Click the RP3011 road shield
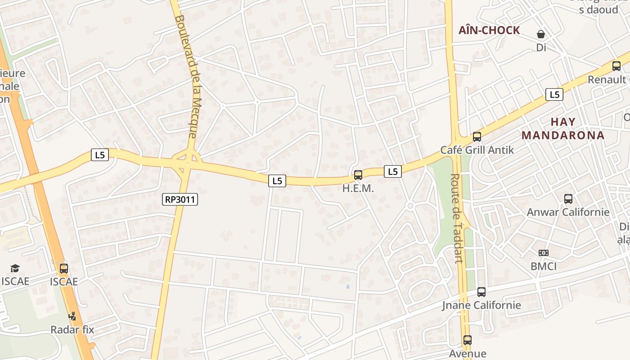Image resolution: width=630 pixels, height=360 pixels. click(180, 199)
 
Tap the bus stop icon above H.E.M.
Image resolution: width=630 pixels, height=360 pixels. click(358, 175)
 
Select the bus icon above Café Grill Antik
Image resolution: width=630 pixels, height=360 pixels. click(477, 137)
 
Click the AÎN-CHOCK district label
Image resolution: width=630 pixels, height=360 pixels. click(489, 31)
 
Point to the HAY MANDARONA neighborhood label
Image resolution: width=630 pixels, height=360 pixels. click(563, 129)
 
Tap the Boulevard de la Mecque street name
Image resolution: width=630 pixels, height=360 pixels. click(186, 76)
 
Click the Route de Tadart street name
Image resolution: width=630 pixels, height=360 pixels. click(457, 218)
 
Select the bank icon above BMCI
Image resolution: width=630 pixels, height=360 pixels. click(544, 253)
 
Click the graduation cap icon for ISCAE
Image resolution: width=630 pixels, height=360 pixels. click(15, 269)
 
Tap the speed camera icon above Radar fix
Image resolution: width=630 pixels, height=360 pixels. click(72, 316)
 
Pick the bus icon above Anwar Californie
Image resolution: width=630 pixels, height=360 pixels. click(568, 198)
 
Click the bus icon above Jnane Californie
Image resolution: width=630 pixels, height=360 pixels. click(481, 292)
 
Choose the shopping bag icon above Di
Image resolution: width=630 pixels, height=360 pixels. click(541, 34)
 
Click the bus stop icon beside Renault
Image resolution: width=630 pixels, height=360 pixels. click(616, 66)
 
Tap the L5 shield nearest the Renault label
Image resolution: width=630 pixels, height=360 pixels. click(554, 94)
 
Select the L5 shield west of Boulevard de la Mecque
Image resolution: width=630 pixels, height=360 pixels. click(99, 155)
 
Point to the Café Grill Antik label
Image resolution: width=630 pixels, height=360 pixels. click(477, 150)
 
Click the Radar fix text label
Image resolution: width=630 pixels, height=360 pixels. click(72, 329)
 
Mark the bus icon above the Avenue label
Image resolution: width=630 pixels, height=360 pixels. click(468, 340)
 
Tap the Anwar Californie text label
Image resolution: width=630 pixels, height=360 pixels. click(568, 212)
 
